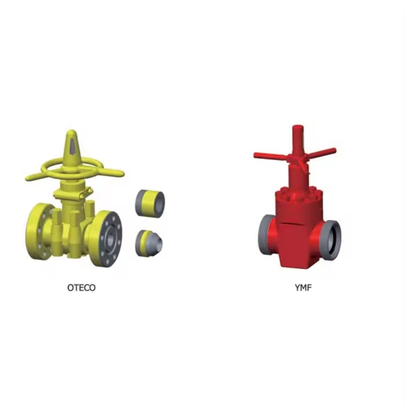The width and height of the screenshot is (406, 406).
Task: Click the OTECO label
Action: [81, 288]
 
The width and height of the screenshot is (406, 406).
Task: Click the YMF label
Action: [303, 288]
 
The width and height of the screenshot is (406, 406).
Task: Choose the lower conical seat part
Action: [148, 243]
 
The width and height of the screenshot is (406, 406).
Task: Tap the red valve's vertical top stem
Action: [297, 141]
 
